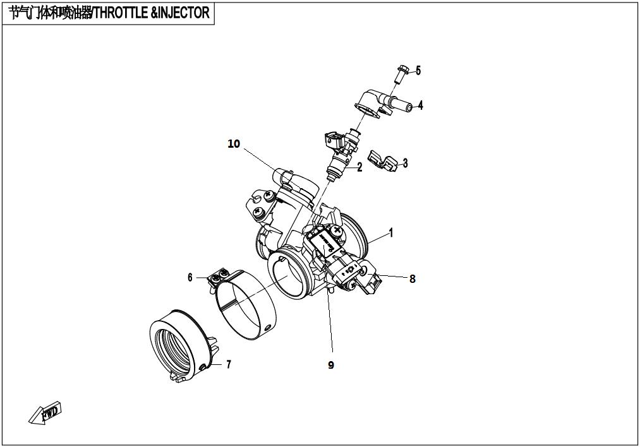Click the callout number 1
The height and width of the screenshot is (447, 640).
391,233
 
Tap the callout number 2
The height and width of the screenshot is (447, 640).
359,167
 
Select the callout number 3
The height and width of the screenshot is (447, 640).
406,163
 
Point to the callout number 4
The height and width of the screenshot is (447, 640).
420,105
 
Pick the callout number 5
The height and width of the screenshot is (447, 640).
418,71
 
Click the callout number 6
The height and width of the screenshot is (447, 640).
190,277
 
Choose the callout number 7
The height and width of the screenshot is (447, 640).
229,364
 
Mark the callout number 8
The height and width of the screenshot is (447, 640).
413,278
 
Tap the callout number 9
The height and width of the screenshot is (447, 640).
330,365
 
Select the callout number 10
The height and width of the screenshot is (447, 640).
234,143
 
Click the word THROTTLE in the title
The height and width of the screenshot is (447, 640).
122,13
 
